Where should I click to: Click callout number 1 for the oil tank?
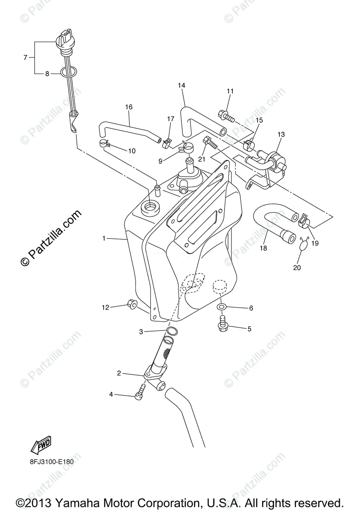(104, 238)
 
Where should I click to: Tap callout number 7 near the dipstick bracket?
(26, 57)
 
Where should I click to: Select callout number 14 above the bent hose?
(181, 86)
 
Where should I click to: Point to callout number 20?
(297, 268)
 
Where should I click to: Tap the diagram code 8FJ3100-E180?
(49, 461)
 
